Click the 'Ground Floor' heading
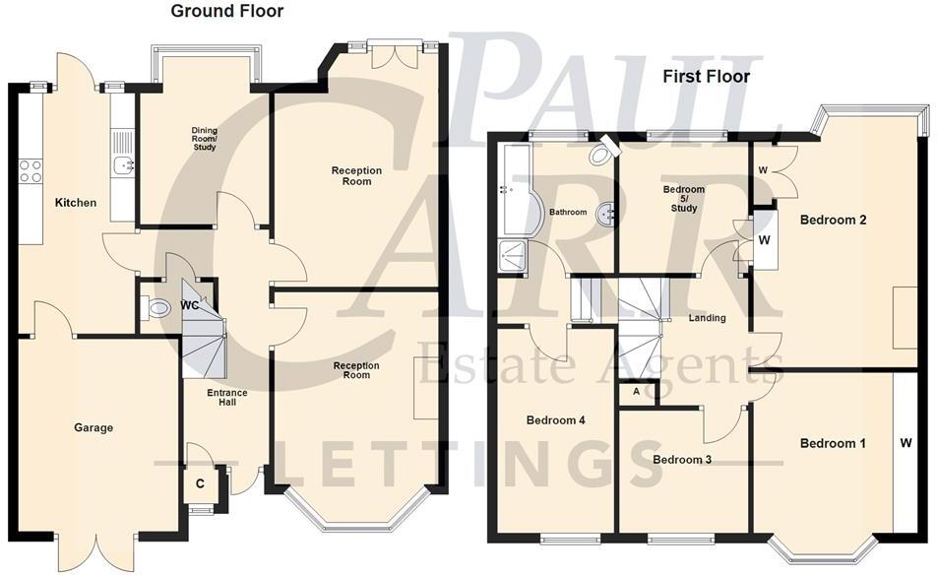226,12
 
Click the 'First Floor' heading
706,76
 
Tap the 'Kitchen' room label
76,203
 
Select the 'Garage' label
94,427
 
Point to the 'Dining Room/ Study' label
204,139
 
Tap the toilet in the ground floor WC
155,309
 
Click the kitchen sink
123,165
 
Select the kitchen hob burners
29,170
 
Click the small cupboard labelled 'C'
200,483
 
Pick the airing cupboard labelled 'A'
636,391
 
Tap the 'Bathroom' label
568,212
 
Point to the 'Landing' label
707,318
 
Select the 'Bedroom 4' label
555,420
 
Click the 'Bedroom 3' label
682,460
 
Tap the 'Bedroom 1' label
833,443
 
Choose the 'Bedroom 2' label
833,220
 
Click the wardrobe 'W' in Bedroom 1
905,443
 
